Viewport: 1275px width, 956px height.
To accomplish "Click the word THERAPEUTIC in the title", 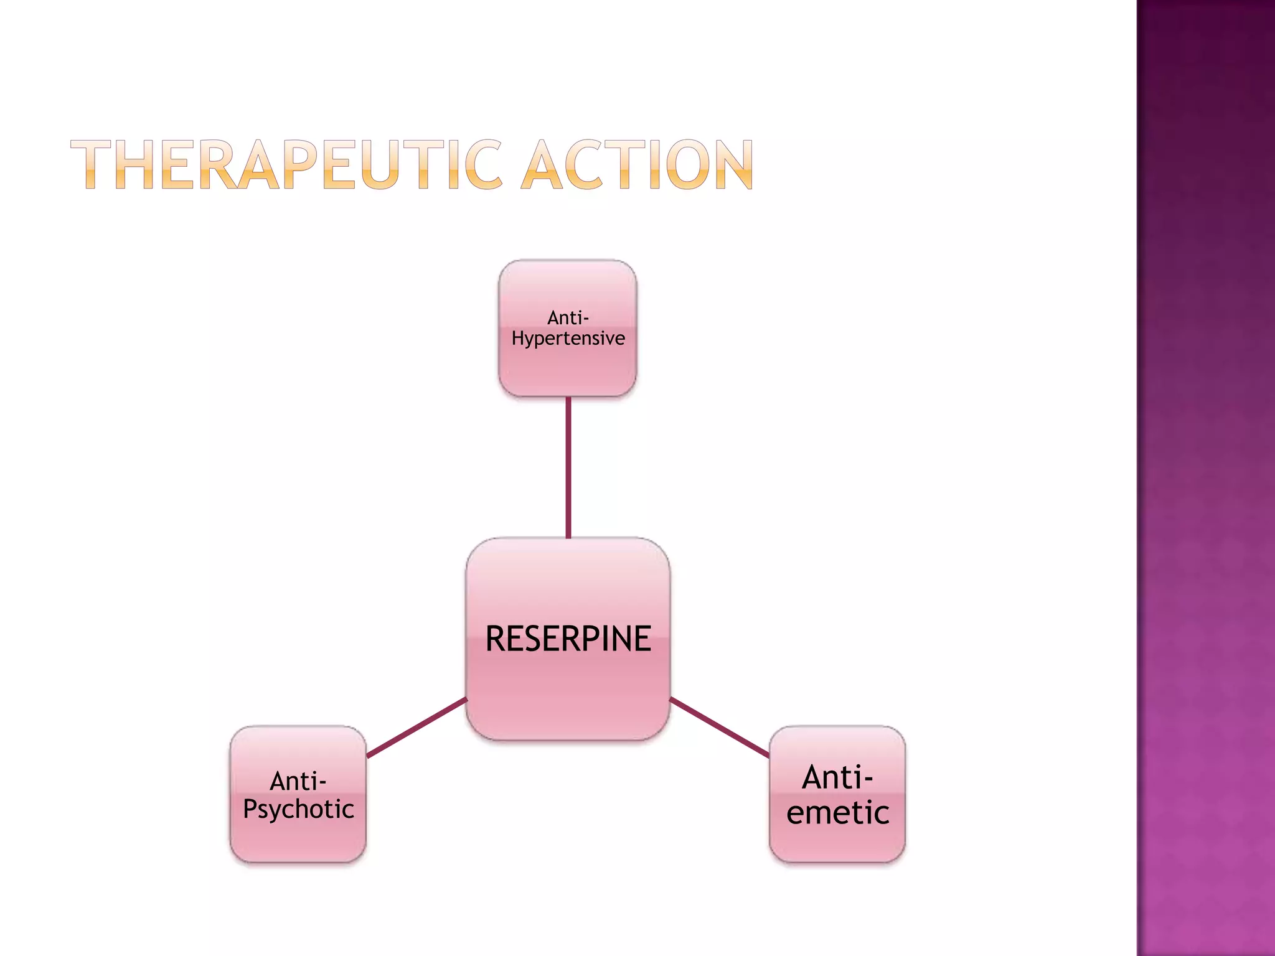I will coord(286,164).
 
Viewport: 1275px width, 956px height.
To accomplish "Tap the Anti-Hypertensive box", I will coord(568,367).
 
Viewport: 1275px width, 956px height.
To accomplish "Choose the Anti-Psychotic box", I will coord(298,840).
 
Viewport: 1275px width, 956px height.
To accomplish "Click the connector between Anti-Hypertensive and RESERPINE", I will coord(568,467).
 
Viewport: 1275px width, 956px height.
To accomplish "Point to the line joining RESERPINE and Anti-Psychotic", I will coord(416,728).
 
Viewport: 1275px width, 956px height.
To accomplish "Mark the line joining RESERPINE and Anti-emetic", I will coord(720,728).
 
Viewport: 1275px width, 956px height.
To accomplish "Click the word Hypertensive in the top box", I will coord(568,339).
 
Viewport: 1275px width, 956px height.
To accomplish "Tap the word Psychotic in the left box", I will coord(298,809).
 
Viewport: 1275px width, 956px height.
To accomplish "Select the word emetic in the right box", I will coord(837,813).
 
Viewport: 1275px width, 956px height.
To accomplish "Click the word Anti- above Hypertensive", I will coord(568,318).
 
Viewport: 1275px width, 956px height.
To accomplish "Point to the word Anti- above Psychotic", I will coord(298,781).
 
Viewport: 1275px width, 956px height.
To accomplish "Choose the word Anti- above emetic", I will coord(837,777).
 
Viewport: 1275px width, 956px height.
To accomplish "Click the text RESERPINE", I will coord(568,639).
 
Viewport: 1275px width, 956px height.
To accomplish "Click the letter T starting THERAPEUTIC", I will coord(91,164).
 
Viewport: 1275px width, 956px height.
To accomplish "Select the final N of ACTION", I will coord(732,164).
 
